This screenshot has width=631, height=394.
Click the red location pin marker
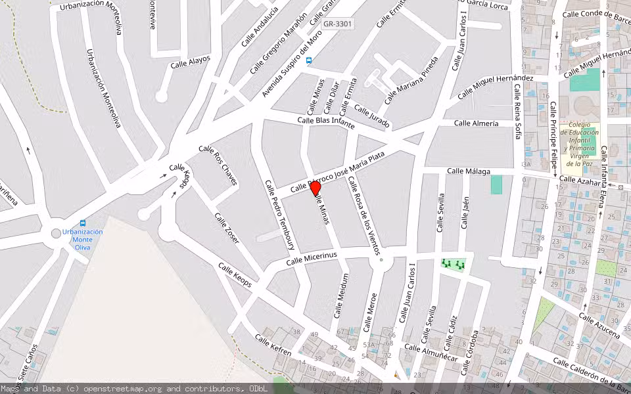(315, 188)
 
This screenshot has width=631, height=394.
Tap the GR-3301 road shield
(338, 24)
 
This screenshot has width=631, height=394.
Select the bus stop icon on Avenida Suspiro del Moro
(309, 60)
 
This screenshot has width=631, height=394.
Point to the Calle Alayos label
(191, 62)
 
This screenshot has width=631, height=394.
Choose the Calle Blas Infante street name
(326, 123)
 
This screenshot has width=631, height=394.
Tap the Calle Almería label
(477, 123)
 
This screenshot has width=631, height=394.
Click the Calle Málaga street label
(469, 171)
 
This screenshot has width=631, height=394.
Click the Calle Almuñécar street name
(431, 353)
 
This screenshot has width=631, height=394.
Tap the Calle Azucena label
(599, 325)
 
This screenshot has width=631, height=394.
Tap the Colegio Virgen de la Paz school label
(580, 144)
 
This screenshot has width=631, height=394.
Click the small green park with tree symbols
(453, 264)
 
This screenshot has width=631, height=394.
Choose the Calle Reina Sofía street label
(517, 112)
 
